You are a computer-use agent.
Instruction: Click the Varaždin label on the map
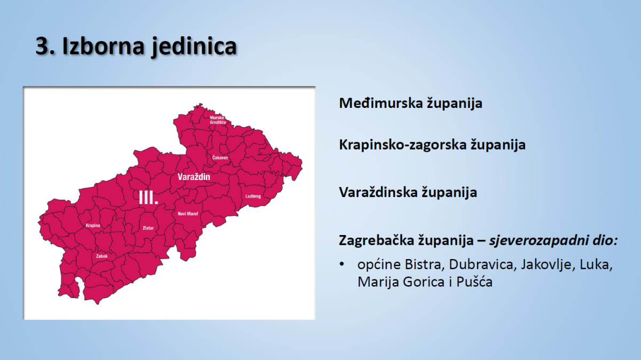pos(194,177)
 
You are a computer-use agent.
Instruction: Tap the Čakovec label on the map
pos(220,158)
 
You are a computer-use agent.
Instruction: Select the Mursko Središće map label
pos(218,120)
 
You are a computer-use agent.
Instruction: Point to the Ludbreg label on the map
pos(253,197)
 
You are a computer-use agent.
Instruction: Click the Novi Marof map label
pos(187,214)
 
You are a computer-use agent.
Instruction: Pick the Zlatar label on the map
pos(148,228)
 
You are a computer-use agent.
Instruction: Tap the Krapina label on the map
pos(93,225)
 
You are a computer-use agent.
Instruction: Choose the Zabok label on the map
pos(102,256)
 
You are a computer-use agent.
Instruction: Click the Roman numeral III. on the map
pos(148,198)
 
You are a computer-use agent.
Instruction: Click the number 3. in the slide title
pos(45,46)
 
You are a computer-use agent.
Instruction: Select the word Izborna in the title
pos(103,45)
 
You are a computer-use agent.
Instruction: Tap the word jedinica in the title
pos(194,46)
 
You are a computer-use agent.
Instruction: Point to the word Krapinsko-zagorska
pos(403,145)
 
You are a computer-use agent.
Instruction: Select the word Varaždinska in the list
pos(377,192)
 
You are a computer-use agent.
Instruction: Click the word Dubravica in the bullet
pos(481,264)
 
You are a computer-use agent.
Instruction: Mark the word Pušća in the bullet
pos(474,281)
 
